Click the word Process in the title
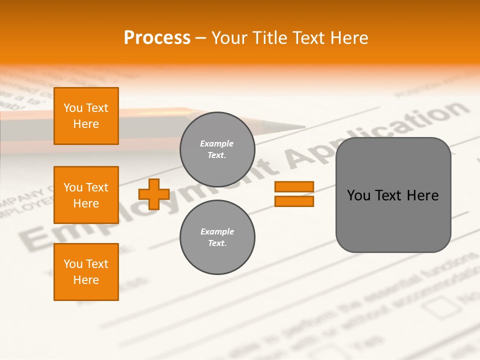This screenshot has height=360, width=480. [157, 38]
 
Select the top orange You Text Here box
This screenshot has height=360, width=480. [86, 116]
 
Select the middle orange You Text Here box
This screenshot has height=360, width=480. [86, 195]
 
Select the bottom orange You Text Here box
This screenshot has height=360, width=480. [86, 272]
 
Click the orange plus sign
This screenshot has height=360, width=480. [154, 194]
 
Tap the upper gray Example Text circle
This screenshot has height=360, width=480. [217, 149]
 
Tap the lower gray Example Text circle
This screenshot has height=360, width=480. [217, 237]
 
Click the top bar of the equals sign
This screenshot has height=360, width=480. [294, 187]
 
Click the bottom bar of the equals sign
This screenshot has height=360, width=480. [294, 201]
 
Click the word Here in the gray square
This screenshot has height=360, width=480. [422, 195]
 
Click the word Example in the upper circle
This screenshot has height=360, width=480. [217, 144]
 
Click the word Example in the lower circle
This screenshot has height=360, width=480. [217, 231]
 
